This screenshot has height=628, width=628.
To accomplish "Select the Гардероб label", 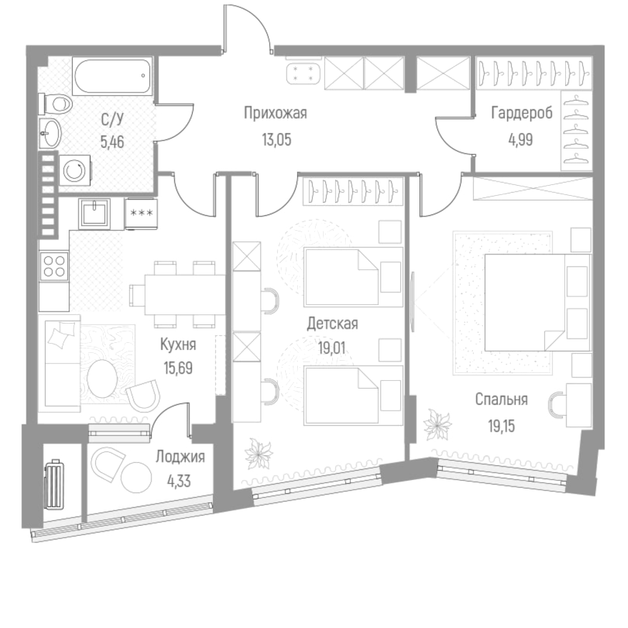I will pyautogui.click(x=521, y=112).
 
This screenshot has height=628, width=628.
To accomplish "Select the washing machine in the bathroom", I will pyautogui.click(x=74, y=169).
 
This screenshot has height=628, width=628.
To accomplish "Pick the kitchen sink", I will pyautogui.click(x=95, y=212).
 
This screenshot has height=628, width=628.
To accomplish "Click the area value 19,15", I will pyautogui.click(x=501, y=427).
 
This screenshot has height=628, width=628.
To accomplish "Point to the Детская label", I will pyautogui.click(x=332, y=324).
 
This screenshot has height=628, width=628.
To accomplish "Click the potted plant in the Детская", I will pyautogui.click(x=255, y=453).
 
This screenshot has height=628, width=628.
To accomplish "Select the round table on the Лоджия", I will pyautogui.click(x=133, y=474).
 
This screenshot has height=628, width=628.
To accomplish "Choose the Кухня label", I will pyautogui.click(x=178, y=344).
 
